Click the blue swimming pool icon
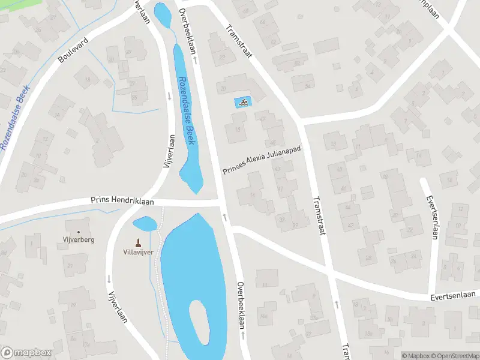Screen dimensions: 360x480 pyautogui.click(x=242, y=103)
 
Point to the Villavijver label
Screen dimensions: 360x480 pyautogui.click(x=139, y=252)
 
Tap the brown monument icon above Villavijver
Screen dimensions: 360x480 pyautogui.click(x=139, y=242)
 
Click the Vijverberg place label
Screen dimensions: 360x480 pyautogui.click(x=78, y=239)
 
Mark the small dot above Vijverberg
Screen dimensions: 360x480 pyautogui.click(x=78, y=232)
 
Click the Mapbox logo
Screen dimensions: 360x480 pyautogui.click(x=26, y=353)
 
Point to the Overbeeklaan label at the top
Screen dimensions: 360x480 pyautogui.click(x=188, y=30)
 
